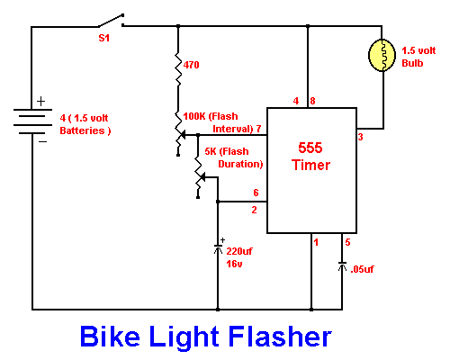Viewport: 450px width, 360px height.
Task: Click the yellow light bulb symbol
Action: pos(382,55)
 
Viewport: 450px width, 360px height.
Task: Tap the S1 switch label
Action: pos(104,38)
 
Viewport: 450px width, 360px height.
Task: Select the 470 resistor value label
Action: pos(191,65)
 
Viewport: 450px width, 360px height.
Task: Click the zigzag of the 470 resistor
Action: pos(178,69)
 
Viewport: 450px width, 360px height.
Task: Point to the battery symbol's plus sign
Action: pos(40,102)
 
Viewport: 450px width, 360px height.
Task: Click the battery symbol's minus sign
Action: pos(42,141)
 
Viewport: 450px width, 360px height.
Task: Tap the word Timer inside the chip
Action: pos(310,165)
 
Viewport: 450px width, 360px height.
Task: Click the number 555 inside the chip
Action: pos(310,148)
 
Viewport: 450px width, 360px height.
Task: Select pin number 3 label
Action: pos(360,137)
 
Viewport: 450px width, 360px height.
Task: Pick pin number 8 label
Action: pos(312,101)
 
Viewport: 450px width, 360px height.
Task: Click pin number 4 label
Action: pos(296,101)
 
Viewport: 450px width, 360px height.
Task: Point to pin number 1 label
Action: pos(316,242)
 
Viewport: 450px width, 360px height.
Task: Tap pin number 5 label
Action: pos(347,242)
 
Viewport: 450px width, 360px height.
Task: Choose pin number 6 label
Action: pos(256,193)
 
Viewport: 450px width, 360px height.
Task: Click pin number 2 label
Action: pos(254,210)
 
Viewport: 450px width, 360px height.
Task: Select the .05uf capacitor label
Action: pos(362,269)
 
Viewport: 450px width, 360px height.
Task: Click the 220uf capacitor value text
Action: pos(239,251)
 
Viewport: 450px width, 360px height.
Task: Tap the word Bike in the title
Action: pos(110,337)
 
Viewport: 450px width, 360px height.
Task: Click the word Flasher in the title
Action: pos(280,337)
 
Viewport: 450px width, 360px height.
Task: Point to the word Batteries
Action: pos(82,130)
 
